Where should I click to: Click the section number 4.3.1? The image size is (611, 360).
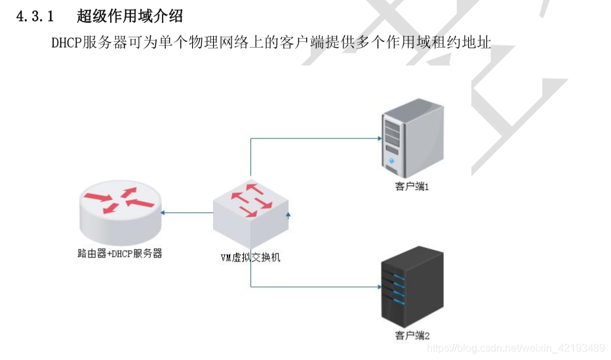pos(34,16)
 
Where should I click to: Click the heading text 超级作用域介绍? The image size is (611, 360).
pos(130,16)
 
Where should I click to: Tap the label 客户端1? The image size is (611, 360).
pos(412,187)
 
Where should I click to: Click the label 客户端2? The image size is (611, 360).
pos(412,336)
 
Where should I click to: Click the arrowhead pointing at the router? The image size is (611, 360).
pos(164,212)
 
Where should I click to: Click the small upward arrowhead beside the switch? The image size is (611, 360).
pos(287,213)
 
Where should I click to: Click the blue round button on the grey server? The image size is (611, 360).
pos(392,161)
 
